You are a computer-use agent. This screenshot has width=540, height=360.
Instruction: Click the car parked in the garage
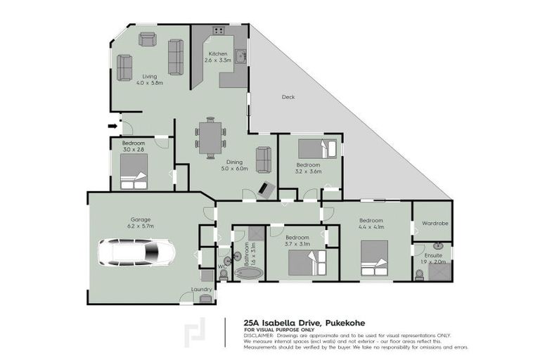click(x=137, y=252)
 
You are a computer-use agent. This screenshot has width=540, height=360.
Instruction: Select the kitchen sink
click(x=240, y=56)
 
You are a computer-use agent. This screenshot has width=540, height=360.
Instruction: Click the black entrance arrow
click(x=112, y=127)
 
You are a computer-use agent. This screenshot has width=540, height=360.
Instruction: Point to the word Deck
click(x=288, y=97)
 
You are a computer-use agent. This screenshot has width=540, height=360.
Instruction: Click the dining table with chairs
click(x=211, y=136)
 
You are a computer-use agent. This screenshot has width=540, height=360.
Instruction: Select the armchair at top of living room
click(x=148, y=39)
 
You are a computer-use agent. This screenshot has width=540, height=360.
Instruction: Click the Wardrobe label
click(x=435, y=224)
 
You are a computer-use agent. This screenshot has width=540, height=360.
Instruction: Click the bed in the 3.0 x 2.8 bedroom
click(x=134, y=172)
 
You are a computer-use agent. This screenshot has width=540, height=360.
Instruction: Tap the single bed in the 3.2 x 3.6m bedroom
click(x=318, y=149)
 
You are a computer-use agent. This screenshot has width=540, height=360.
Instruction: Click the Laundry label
click(x=202, y=289)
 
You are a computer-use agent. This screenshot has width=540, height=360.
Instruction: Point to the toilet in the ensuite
click(x=420, y=274)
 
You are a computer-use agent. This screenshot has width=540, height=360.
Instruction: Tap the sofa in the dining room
click(x=264, y=160)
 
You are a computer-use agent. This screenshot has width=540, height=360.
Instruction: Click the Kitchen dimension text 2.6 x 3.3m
click(x=218, y=61)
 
